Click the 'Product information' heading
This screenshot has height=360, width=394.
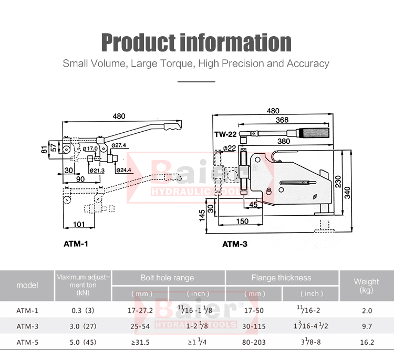point(196,43)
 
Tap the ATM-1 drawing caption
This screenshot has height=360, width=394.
point(76,244)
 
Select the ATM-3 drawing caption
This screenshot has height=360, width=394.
point(235,244)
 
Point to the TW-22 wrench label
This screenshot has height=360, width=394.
point(225,134)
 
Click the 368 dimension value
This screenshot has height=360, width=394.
point(282,120)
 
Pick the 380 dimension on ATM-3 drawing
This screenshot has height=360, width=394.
point(284,141)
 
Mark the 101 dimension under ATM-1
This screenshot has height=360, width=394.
point(79,224)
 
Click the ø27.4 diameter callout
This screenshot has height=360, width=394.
point(119,145)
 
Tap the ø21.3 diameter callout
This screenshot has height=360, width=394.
point(97,171)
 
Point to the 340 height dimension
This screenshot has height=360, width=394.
point(347,193)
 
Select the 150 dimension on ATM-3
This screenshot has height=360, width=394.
point(242,221)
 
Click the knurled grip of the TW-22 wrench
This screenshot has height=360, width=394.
point(313,133)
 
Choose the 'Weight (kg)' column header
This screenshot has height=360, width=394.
point(366,285)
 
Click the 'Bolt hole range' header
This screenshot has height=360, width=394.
point(167,278)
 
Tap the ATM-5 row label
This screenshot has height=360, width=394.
point(27,342)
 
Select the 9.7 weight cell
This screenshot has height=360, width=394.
point(367,326)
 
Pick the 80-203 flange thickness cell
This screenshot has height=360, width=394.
point(254,342)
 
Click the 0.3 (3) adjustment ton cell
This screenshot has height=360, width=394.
point(83,311)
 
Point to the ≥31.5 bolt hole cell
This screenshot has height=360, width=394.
point(140,342)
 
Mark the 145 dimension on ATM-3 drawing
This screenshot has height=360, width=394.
point(202,216)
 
